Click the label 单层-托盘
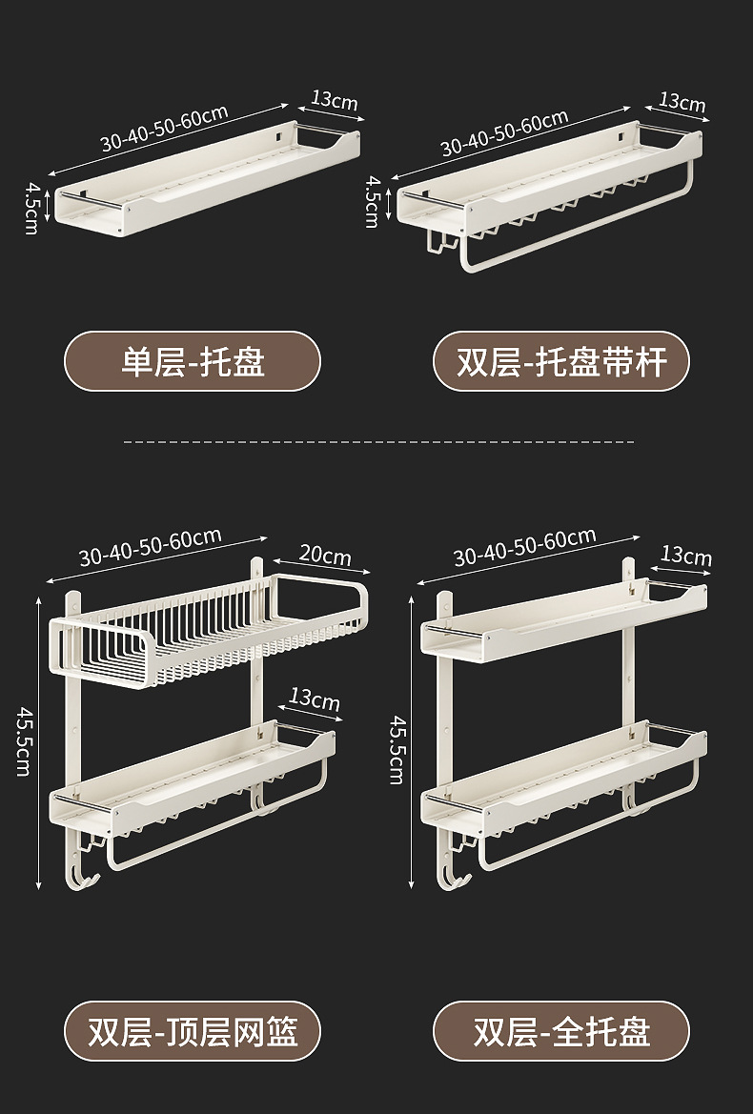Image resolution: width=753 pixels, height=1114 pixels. [x=193, y=361]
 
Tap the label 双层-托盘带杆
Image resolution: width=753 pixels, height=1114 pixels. [x=560, y=361]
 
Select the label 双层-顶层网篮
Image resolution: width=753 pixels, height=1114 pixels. [x=193, y=1031]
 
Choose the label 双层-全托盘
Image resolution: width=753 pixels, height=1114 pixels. [x=560, y=1031]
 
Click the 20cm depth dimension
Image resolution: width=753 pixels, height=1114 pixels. [x=325, y=555]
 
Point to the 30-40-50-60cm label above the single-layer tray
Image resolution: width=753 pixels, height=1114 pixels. [x=164, y=128]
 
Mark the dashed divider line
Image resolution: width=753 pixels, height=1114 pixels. [x=379, y=442]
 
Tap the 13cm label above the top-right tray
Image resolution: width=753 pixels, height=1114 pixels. [x=682, y=101]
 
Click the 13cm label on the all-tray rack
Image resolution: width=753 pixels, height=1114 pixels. [x=685, y=556]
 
